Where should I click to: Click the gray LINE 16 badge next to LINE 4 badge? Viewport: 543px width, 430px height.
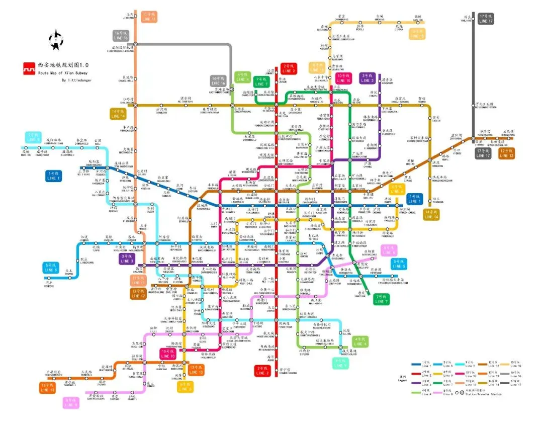218,80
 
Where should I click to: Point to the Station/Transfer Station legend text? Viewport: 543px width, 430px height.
483,394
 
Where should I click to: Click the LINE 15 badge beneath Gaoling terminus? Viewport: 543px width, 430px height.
417,33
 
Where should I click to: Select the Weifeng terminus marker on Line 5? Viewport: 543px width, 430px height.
48,280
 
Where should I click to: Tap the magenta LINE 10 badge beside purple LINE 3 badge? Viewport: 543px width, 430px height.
344,78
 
